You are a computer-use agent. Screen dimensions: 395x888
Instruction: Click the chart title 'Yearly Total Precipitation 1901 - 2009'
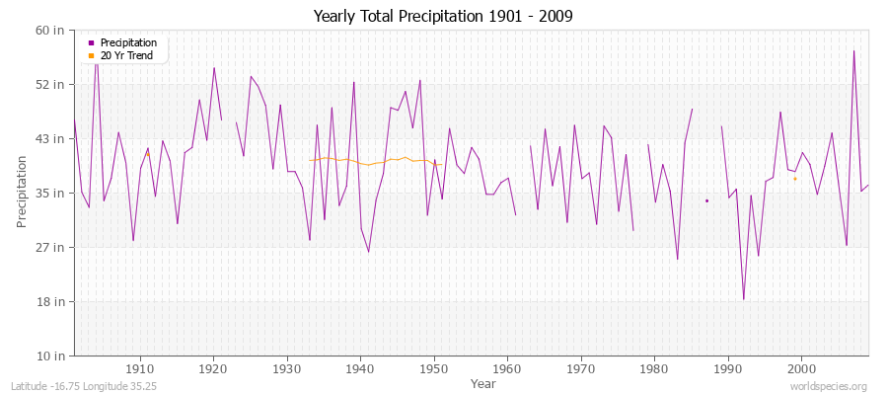point(443,17)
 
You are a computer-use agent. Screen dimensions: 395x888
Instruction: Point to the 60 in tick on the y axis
point(50,30)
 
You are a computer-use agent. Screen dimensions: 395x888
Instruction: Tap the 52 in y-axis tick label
point(50,84)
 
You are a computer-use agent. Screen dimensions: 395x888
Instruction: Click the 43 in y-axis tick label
point(50,138)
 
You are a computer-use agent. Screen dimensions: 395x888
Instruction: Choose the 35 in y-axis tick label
point(50,193)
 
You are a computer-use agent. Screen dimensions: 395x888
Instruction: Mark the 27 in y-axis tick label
point(50,247)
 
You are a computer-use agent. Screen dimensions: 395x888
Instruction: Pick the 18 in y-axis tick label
point(50,301)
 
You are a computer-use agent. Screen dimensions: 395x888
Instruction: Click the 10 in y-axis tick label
point(50,355)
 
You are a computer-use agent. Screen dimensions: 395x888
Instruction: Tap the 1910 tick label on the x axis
point(140,368)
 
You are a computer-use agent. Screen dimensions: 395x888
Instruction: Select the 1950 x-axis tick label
point(433,368)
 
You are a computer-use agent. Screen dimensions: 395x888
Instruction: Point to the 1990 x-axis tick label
point(727,368)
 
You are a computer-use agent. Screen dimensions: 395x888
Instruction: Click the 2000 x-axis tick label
point(800,368)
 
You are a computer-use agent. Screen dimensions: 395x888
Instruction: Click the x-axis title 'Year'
point(483,383)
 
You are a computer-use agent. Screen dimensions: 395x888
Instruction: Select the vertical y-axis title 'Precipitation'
point(22,193)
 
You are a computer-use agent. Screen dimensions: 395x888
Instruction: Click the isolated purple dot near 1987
point(706,200)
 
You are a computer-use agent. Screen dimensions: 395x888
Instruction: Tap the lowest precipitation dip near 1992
point(744,299)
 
